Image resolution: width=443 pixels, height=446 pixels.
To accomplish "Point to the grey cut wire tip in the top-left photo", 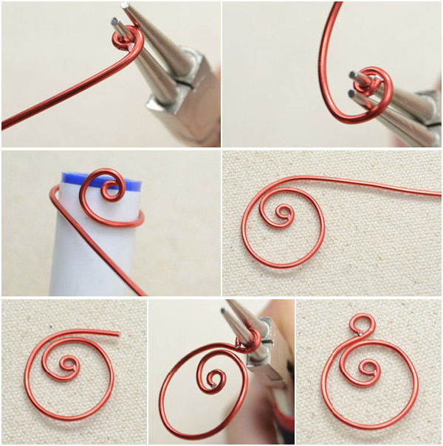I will click(x=117, y=23).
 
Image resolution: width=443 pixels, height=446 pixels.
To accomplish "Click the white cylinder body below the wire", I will click(x=89, y=258).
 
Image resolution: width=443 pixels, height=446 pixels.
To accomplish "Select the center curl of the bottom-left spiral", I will click(x=69, y=365).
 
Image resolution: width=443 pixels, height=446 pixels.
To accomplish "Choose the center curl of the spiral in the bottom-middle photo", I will click(x=214, y=380).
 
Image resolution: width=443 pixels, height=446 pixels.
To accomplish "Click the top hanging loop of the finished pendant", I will click(x=362, y=324).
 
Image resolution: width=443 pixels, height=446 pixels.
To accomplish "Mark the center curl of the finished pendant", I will click(x=367, y=366).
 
